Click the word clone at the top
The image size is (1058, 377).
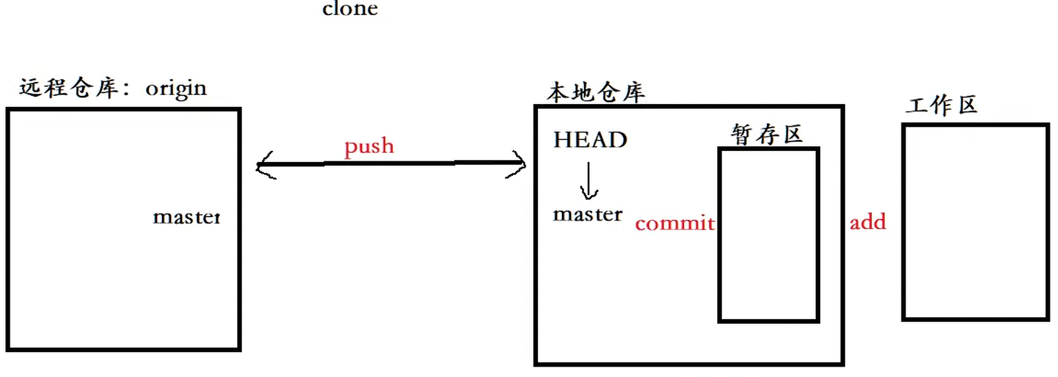coord(350,9)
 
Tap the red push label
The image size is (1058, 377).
coord(369,146)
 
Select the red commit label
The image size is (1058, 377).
coord(675,223)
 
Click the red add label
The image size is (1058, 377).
coord(868,222)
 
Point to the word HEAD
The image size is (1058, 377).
coord(590,140)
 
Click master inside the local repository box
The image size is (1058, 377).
coord(588,214)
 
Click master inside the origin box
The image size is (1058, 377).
coord(186,217)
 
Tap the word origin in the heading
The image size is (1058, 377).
coord(176,89)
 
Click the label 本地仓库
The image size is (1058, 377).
coord(596,92)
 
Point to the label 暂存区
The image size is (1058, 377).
coord(768,134)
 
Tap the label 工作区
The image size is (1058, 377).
coord(942,105)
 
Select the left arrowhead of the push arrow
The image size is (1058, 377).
coord(266,165)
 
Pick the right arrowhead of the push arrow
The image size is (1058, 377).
coord(517,164)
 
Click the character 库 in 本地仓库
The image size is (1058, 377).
coord(633,92)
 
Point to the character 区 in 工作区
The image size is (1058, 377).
coord(967,105)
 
